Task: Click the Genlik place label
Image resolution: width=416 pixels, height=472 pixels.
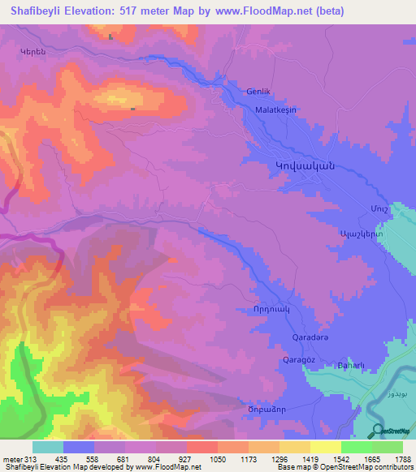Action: [258, 92]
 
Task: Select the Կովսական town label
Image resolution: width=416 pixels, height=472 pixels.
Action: [300, 165]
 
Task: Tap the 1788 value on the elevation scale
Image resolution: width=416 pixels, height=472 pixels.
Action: [402, 458]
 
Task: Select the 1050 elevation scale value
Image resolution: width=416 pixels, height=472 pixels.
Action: [218, 458]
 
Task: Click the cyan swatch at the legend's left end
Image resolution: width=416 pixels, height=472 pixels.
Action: [48, 447]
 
